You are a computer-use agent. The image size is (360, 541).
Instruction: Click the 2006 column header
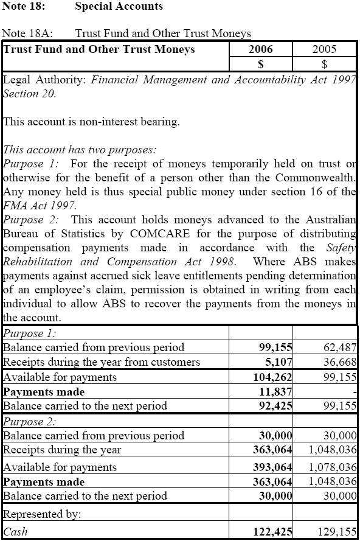[x=261, y=49]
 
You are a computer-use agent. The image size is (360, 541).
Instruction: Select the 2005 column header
[x=324, y=49]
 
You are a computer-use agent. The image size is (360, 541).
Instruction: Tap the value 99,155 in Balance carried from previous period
[x=273, y=347]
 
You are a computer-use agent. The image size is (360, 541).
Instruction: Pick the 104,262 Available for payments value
[x=271, y=377]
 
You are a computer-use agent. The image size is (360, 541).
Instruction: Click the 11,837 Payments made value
[x=275, y=391]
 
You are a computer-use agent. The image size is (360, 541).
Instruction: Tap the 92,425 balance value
[x=275, y=406]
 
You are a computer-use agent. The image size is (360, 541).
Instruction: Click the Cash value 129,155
[x=336, y=532]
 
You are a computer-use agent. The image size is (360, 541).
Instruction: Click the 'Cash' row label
[x=15, y=532]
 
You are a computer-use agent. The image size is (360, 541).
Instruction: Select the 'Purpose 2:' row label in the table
[x=30, y=421]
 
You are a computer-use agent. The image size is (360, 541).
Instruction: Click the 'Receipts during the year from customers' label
[x=102, y=362]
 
